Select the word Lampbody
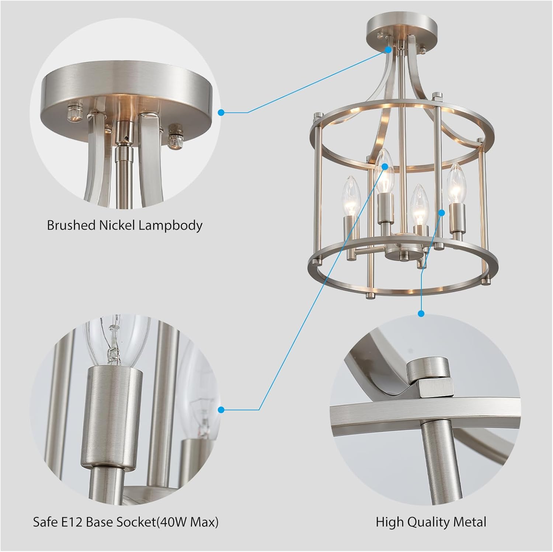[x=170, y=225]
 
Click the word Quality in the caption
[x=429, y=522]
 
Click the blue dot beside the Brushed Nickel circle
[x=221, y=112]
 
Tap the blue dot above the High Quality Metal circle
[x=421, y=314]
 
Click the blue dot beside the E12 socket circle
[x=221, y=410]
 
